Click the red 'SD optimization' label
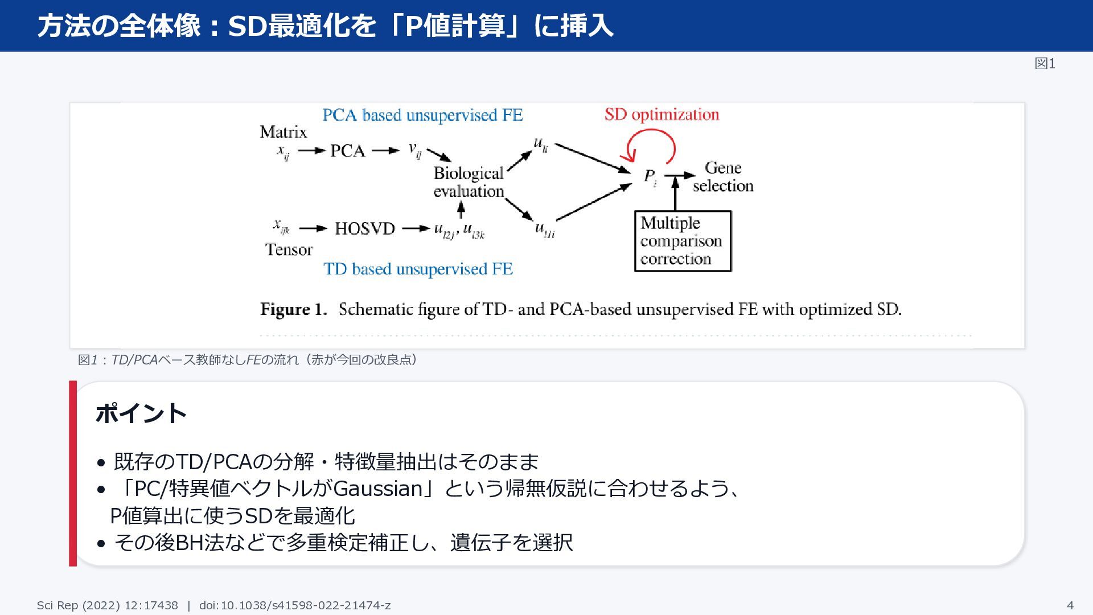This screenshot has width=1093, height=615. click(661, 114)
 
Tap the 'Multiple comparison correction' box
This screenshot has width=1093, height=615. click(683, 241)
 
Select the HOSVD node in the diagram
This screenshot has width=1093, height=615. click(364, 228)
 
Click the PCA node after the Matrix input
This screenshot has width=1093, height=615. click(347, 151)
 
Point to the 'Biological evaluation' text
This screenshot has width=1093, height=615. click(469, 182)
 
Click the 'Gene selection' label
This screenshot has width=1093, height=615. click(723, 177)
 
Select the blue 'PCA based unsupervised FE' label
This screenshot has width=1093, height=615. click(422, 115)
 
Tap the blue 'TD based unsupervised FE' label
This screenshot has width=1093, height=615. click(418, 269)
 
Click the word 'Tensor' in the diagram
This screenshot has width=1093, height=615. click(289, 249)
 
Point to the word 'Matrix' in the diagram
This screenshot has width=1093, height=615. click(283, 132)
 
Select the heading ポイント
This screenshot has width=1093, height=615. click(141, 413)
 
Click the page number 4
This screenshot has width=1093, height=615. click(1070, 605)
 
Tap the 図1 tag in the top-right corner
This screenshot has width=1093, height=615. click(1045, 64)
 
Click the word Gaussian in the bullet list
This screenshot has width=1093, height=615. click(377, 489)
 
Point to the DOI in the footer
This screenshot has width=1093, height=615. click(295, 605)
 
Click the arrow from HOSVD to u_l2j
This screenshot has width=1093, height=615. click(416, 228)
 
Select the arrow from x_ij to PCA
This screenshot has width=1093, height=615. click(312, 151)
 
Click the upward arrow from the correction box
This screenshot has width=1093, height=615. click(675, 194)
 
